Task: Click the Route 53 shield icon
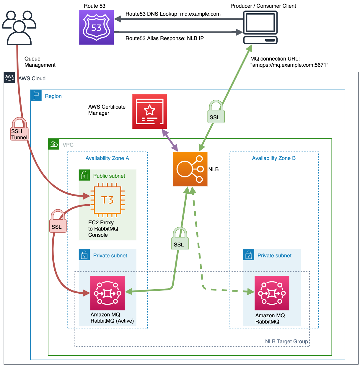pyautogui.click(x=96, y=27)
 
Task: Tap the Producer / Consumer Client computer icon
pyautogui.click(x=260, y=27)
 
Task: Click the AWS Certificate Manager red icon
pyautogui.click(x=149, y=112)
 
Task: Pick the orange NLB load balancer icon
pyautogui.click(x=190, y=169)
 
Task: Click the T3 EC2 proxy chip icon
pyautogui.click(x=107, y=200)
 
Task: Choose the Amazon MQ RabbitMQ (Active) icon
pyautogui.click(x=107, y=293)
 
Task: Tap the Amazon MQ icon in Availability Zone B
pyautogui.click(x=272, y=293)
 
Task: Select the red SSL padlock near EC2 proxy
pyautogui.click(x=58, y=221)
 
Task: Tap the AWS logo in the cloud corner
pyautogui.click(x=9, y=77)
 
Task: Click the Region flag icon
pyautogui.click(x=36, y=96)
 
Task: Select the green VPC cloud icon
pyautogui.click(x=54, y=144)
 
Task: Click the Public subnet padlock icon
pyautogui.click(x=84, y=175)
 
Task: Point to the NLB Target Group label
pyautogui.click(x=286, y=342)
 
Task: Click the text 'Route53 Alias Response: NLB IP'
pyautogui.click(x=164, y=38)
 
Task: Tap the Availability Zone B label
pyautogui.click(x=273, y=158)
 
